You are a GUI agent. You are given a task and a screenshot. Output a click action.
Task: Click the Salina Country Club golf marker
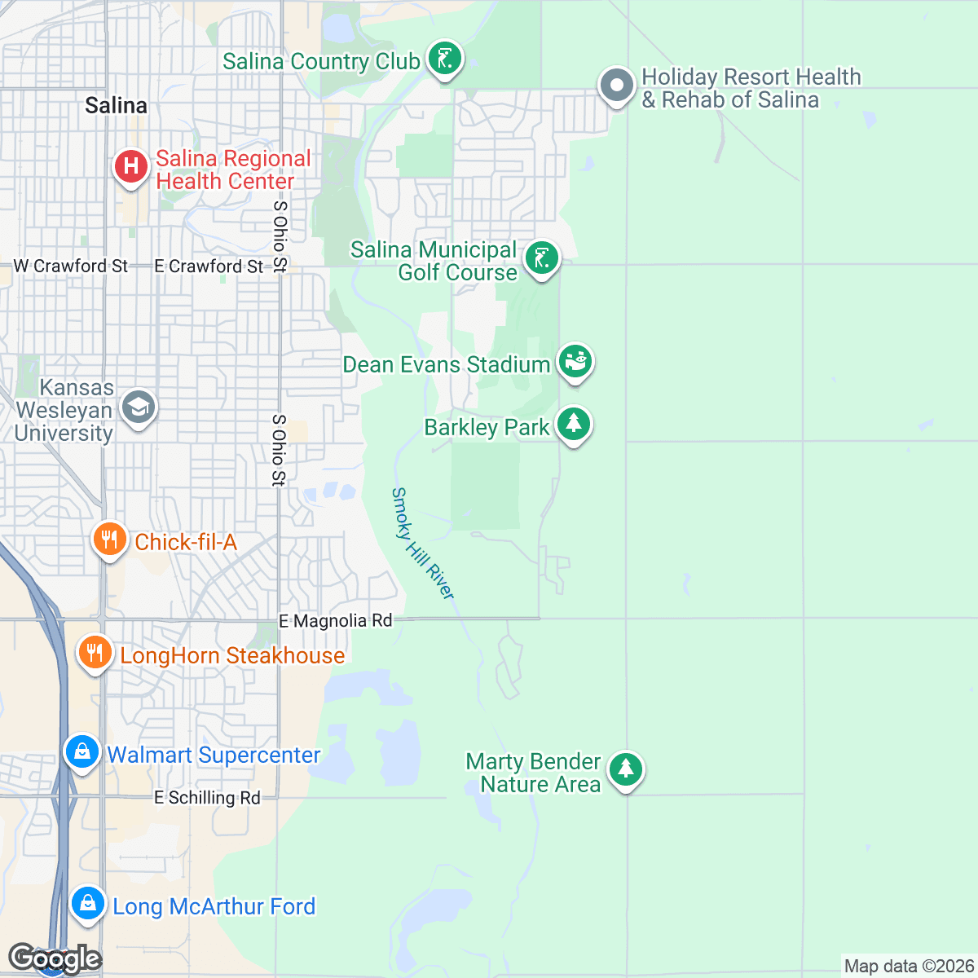pyautogui.click(x=444, y=59)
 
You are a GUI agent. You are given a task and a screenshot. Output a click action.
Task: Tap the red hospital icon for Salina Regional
pyautogui.click(x=130, y=166)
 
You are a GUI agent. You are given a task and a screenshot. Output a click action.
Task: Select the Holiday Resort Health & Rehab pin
pyautogui.click(x=617, y=85)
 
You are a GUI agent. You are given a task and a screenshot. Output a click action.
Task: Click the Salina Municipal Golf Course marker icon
pyautogui.click(x=541, y=259)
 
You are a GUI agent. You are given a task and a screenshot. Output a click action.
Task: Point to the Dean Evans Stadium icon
pyautogui.click(x=575, y=360)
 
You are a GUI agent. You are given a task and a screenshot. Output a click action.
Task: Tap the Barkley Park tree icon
pyautogui.click(x=574, y=424)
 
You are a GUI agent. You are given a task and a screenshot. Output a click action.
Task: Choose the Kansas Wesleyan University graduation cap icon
pyautogui.click(x=138, y=407)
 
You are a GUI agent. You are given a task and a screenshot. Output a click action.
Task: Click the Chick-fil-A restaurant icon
pyautogui.click(x=109, y=540)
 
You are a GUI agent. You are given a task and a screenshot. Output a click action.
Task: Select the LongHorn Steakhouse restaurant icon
pyautogui.click(x=95, y=654)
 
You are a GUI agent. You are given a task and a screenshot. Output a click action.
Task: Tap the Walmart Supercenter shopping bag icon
pyautogui.click(x=82, y=752)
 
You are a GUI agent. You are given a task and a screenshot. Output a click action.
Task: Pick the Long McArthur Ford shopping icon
pyautogui.click(x=87, y=903)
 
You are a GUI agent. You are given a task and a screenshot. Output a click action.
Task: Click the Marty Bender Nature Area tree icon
pyautogui.click(x=625, y=769)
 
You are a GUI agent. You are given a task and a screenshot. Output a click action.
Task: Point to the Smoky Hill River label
pyautogui.click(x=422, y=544)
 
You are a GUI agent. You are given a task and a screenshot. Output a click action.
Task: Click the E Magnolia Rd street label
pyautogui.click(x=335, y=621)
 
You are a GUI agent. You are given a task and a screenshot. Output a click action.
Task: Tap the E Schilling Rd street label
pyautogui.click(x=207, y=798)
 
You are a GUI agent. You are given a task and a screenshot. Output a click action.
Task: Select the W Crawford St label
pyautogui.click(x=71, y=267)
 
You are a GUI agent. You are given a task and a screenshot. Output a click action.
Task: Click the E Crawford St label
pyautogui.click(x=209, y=267)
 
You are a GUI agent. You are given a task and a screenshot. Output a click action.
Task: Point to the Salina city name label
pyautogui.click(x=117, y=106)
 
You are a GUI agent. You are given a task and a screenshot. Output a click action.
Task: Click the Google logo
pyautogui.click(x=55, y=958)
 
